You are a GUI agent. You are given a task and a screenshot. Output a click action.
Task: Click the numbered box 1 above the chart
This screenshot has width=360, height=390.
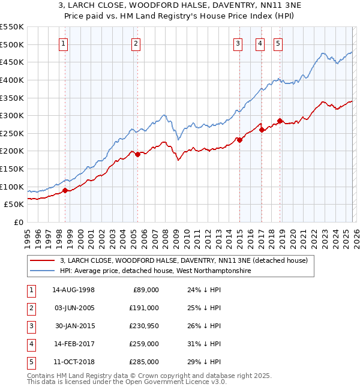tap(63, 43)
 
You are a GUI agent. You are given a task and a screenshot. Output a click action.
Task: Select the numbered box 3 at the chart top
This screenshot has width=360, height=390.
tap(238, 43)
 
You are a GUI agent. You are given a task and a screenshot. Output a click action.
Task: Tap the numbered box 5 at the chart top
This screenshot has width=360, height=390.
tap(278, 43)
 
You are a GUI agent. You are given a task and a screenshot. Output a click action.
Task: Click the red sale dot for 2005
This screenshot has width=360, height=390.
tap(137, 154)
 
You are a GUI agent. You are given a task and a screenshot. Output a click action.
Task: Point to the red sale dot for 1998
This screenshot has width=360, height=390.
tap(65, 191)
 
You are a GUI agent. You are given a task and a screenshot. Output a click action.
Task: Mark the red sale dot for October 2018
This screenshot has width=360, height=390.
tap(280, 121)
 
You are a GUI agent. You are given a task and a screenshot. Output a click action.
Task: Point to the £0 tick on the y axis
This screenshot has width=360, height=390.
tap(17, 223)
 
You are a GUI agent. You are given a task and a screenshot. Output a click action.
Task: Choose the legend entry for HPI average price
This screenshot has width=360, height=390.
tap(155, 271)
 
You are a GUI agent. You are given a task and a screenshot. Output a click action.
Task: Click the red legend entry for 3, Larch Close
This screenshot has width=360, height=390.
tap(183, 260)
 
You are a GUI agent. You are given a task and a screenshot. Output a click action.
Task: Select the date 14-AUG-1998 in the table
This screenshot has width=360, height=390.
tap(73, 290)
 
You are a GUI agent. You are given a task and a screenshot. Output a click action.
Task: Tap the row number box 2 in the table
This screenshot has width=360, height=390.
tap(30, 308)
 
